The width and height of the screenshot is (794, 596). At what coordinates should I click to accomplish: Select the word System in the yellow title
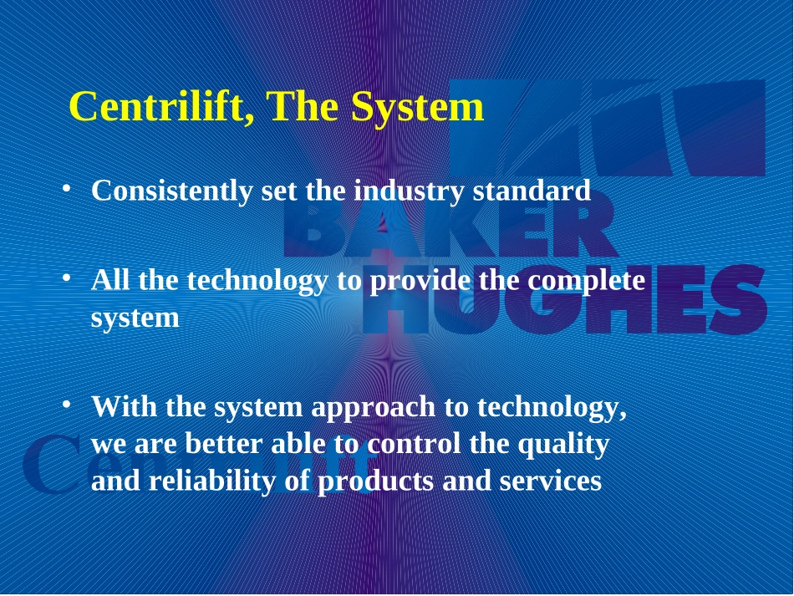tap(417, 107)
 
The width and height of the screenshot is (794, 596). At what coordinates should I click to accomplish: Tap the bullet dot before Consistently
tap(66, 188)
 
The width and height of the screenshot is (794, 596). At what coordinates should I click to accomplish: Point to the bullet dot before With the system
tap(66, 404)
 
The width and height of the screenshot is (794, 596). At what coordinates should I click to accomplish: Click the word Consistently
tap(171, 191)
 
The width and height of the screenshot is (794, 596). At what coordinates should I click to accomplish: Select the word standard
tap(532, 190)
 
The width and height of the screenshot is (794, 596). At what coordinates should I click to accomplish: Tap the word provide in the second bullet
tap(420, 281)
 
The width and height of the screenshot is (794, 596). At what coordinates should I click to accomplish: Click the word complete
tap(587, 281)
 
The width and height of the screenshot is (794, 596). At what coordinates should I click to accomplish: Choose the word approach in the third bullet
tap(374, 409)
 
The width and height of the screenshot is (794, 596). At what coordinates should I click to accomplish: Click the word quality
tap(563, 445)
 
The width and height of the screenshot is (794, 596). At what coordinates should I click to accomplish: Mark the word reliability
tap(212, 481)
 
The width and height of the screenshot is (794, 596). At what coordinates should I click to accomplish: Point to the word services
tap(551, 481)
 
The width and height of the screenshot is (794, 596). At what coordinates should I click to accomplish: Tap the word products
tap(375, 481)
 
